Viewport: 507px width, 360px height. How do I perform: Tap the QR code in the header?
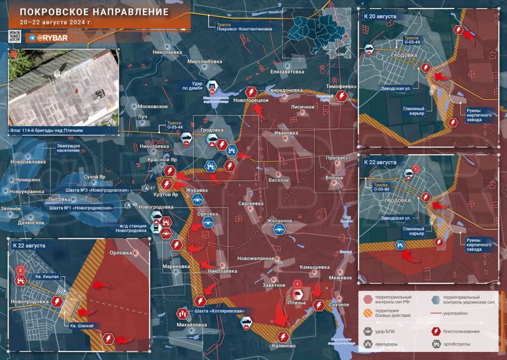[15, 37]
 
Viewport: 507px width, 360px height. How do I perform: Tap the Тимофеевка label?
[341, 86]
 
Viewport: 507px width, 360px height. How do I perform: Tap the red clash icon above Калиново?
[283, 337]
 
